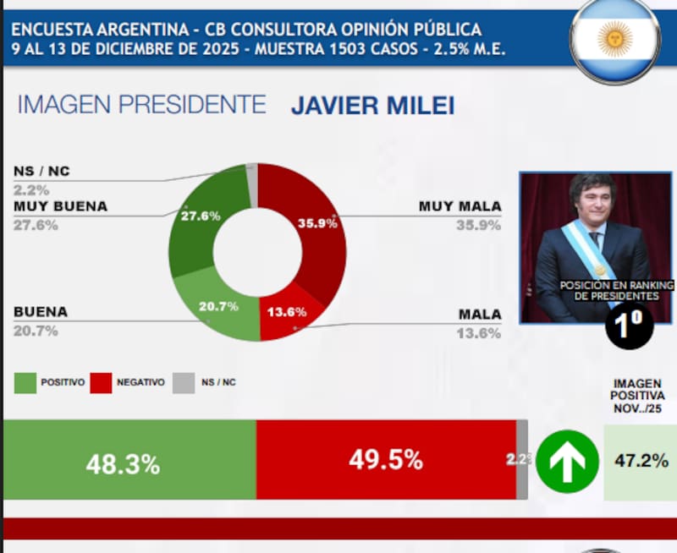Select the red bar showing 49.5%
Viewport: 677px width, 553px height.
pos(386,460)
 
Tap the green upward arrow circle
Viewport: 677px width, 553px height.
pos(567,461)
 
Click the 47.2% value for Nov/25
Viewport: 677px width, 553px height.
pos(640,461)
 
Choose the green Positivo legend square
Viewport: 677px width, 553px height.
pos(25,382)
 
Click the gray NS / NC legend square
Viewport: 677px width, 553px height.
pos(183,382)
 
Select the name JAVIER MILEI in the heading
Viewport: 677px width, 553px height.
pos(372,107)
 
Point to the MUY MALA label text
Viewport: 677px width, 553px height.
pos(460,206)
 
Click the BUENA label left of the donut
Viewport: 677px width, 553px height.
pos(41,312)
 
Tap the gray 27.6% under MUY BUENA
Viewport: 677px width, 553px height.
pos(36,226)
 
